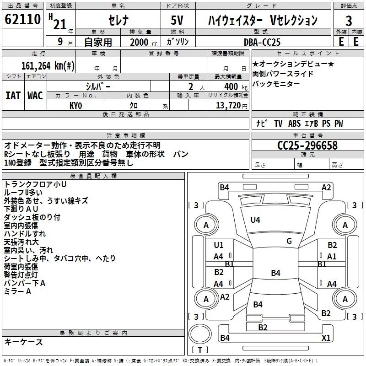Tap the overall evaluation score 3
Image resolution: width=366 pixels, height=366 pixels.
point(349,21)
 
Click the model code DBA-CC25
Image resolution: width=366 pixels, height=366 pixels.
point(263,42)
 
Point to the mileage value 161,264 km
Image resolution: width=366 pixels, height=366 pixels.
point(48,65)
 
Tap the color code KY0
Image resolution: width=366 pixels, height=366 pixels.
point(75,106)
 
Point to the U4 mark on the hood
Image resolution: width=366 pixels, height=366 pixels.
point(255,220)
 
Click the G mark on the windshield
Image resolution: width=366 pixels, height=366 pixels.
point(289,241)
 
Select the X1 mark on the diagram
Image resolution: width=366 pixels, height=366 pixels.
point(326,338)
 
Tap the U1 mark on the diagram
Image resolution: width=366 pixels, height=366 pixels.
point(219,245)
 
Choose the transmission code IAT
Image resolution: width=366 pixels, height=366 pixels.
point(12,96)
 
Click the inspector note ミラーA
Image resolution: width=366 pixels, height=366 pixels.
point(18,291)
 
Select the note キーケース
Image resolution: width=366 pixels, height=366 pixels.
point(23,342)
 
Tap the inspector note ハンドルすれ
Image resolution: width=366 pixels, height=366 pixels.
point(25,233)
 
